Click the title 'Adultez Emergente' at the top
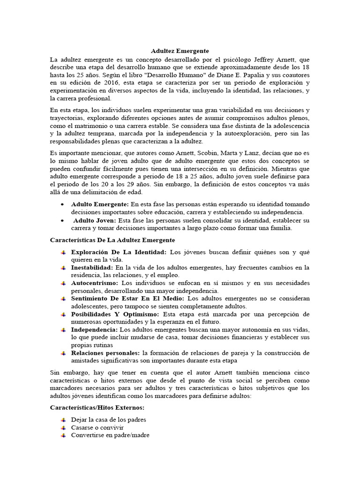coord(180,50)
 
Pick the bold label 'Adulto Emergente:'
coord(100,204)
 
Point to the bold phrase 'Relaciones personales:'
coord(105,352)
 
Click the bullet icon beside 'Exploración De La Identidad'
coord(63,252)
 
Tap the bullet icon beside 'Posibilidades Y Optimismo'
coord(63,314)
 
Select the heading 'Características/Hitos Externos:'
coord(97,408)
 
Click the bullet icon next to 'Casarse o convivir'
coord(63,427)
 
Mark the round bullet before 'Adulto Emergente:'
coord(63,205)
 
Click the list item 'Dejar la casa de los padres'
coord(109,420)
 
